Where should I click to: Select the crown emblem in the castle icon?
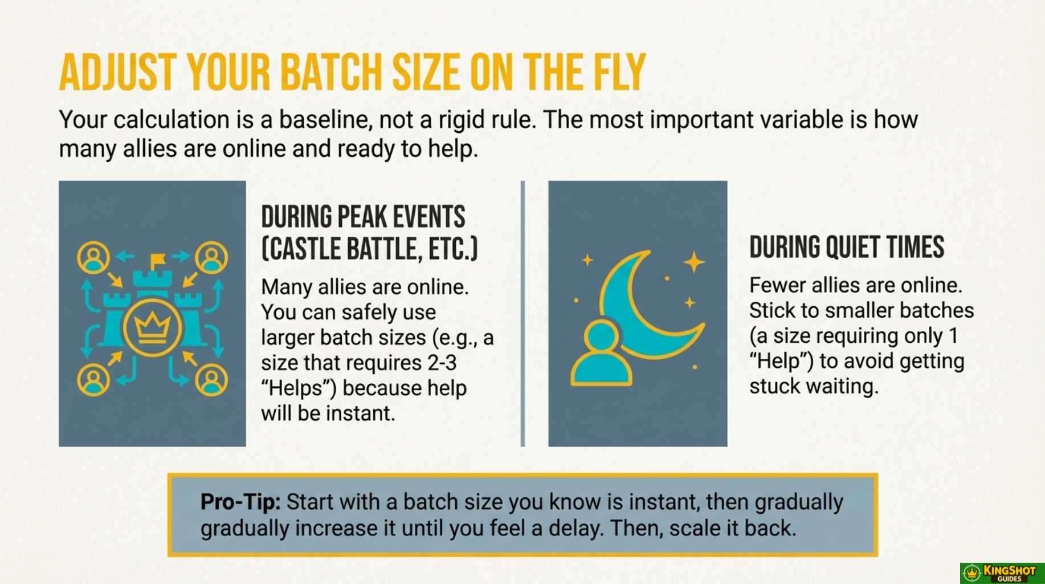[152, 327]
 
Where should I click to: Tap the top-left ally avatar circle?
[93, 257]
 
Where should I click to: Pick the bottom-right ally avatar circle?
[211, 380]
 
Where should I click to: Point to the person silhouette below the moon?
[601, 354]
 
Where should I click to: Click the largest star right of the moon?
[694, 262]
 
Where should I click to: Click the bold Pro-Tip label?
[240, 502]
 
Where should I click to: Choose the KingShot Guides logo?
[1002, 573]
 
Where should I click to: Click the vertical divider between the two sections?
[522, 314]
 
